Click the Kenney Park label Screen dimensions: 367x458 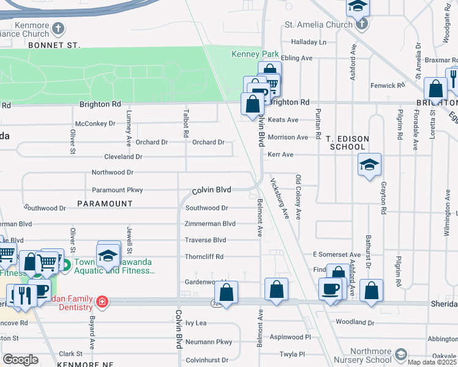point(255,54)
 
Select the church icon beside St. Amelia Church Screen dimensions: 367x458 point(361,25)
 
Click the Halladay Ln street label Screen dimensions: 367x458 point(309,42)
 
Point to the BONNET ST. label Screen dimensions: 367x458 point(54,45)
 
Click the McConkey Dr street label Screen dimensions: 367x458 point(95,124)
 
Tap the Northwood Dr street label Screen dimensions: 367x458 point(113,173)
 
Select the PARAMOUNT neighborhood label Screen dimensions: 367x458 point(105,203)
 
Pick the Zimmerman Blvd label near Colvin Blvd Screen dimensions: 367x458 point(211,224)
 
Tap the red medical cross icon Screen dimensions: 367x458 point(102,302)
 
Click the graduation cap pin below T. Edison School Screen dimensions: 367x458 point(369,165)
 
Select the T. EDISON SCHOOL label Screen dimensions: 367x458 point(347,143)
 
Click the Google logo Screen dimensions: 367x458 point(20,360)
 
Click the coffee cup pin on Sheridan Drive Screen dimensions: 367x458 point(330,290)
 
